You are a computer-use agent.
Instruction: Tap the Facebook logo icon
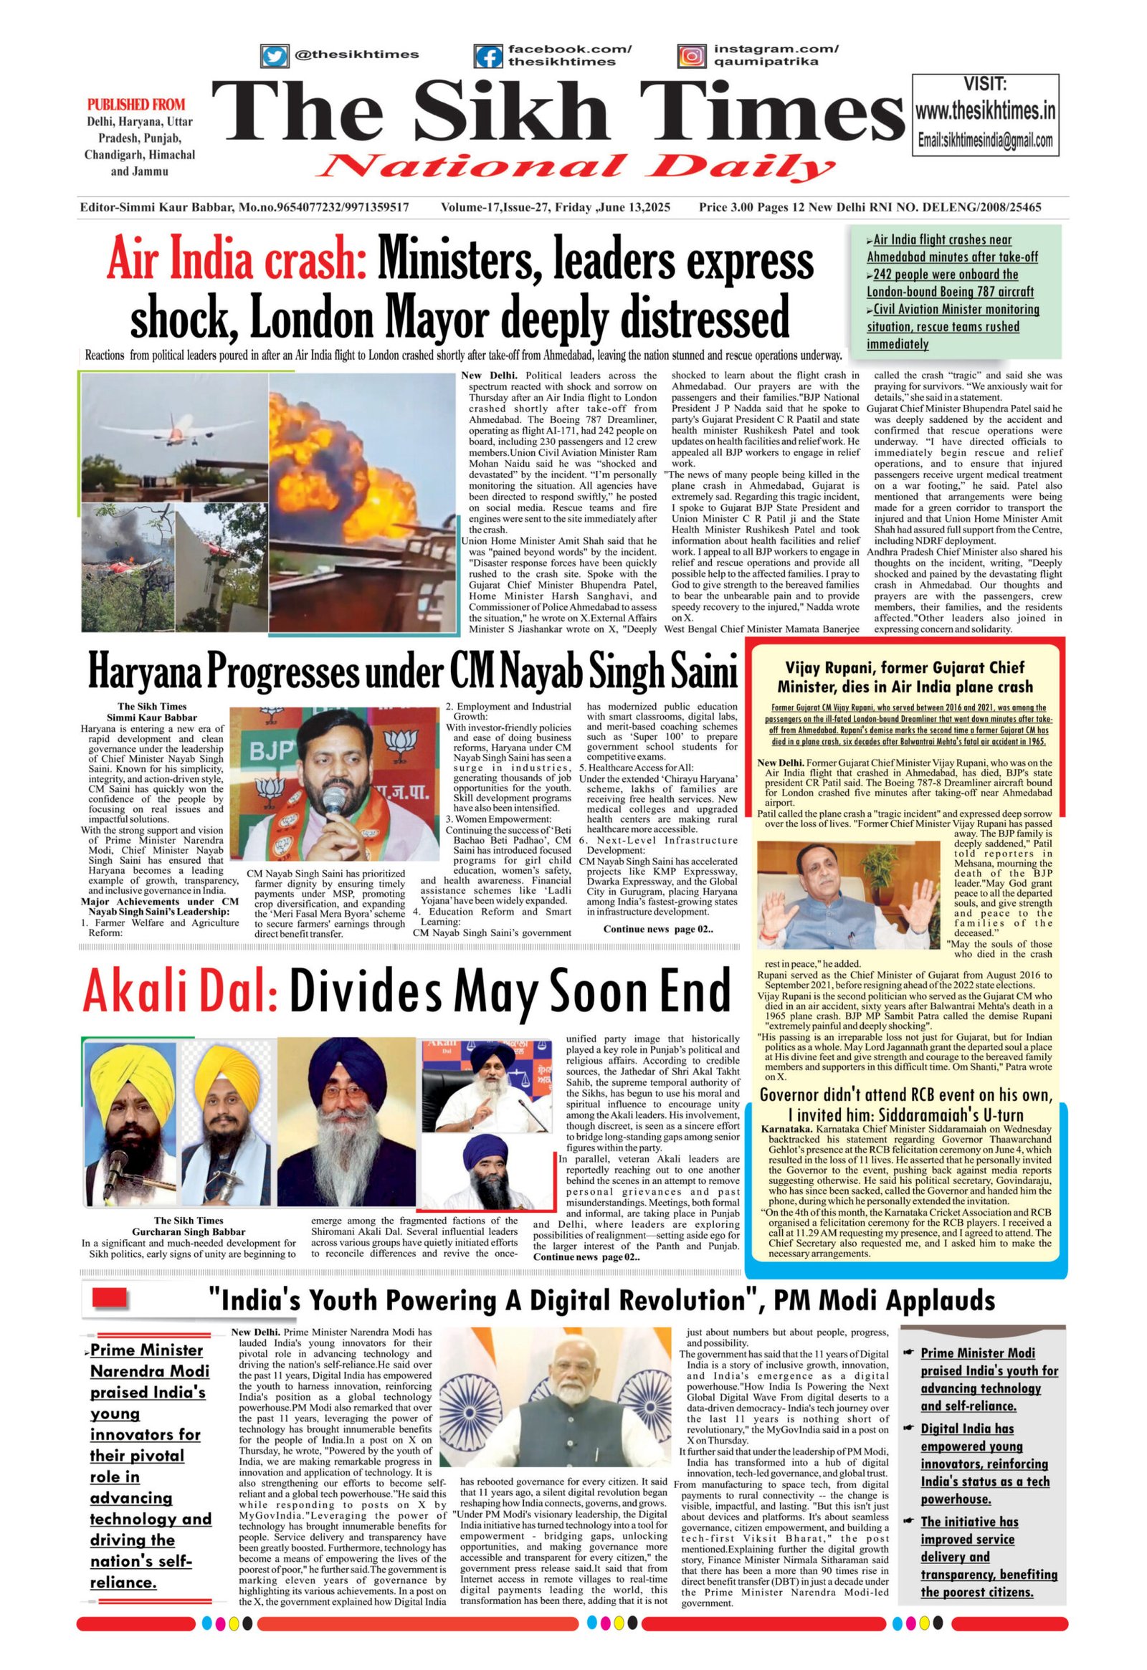coord(488,56)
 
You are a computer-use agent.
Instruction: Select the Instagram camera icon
coord(690,56)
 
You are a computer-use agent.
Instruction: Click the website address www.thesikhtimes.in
coord(984,111)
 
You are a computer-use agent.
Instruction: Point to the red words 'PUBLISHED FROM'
coord(135,104)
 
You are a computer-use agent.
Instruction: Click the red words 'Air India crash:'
coord(237,260)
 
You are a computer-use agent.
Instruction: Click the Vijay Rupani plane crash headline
coord(905,677)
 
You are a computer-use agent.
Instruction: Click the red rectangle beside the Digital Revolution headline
coord(110,1297)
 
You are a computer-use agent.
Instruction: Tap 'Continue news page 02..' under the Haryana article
coord(657,929)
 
